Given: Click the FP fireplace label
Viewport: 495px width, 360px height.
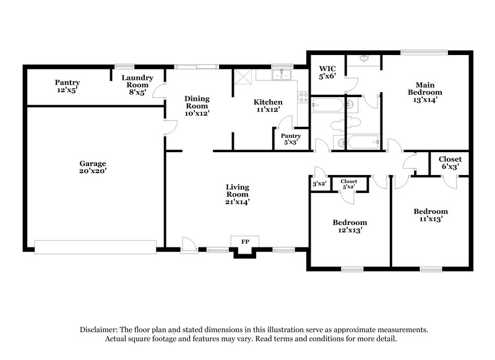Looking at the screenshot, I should (244, 241).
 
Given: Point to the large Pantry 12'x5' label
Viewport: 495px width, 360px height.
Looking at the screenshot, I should (67, 86).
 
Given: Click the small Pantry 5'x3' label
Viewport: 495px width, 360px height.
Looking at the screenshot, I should (290, 139).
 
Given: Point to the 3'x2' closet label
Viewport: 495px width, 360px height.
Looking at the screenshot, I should (319, 184).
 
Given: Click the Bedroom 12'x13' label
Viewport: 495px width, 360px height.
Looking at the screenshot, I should (350, 226).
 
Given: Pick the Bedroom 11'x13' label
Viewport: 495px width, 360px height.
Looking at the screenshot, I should (431, 215).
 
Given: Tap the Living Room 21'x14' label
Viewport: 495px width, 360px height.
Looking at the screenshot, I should (237, 194).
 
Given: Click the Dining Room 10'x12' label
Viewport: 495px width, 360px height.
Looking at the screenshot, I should (197, 106).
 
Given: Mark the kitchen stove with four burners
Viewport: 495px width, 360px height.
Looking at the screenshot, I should (303, 96).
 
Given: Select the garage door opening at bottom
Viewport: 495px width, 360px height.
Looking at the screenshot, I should (95, 247).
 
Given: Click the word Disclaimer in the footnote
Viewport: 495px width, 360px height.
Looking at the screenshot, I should (100, 330).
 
